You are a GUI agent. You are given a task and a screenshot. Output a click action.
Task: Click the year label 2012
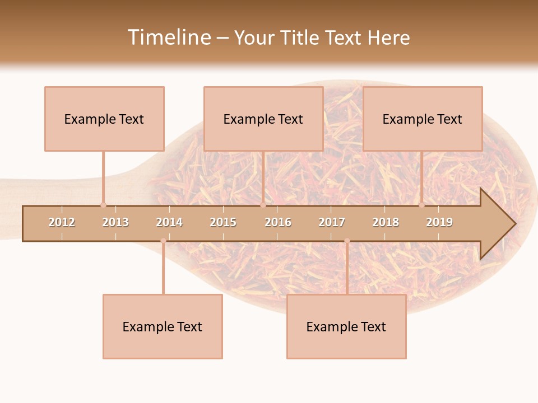(62, 222)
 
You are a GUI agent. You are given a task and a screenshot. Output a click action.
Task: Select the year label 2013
(115, 222)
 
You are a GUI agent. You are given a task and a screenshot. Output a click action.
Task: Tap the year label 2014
(169, 222)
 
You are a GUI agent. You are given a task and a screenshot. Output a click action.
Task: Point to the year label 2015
(223, 222)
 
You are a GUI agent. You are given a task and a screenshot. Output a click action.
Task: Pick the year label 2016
(278, 222)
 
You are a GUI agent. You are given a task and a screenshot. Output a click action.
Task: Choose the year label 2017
(332, 222)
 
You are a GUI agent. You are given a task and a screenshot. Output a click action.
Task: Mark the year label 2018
(386, 222)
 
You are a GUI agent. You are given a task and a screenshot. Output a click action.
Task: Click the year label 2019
(439, 222)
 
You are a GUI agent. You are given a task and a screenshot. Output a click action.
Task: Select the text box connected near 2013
(104, 119)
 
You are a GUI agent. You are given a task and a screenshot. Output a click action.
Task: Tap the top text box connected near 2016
(263, 119)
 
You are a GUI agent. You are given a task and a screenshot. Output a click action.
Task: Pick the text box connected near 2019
(423, 119)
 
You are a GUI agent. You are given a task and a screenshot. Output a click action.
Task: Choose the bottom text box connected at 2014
(163, 326)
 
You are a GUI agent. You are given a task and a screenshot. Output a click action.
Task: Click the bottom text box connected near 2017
(346, 326)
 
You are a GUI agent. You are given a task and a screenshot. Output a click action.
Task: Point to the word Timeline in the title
(168, 38)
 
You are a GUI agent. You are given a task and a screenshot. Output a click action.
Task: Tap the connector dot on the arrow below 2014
(163, 241)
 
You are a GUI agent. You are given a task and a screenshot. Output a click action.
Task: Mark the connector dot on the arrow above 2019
(421, 205)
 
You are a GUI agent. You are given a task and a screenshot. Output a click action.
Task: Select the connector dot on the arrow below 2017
(347, 241)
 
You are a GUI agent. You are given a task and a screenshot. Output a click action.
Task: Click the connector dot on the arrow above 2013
(103, 205)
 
